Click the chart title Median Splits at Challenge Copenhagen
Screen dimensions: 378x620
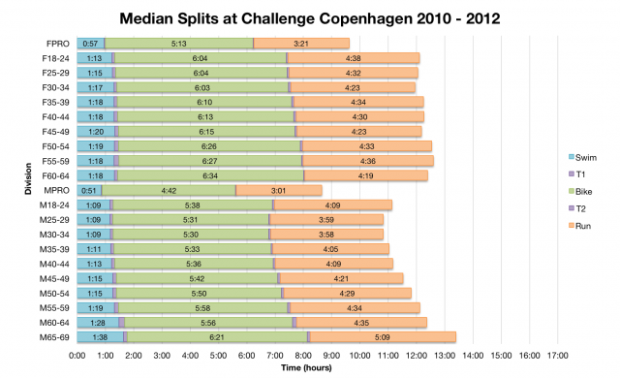310,17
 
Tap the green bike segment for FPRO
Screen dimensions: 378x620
178,44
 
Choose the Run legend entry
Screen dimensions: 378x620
579,226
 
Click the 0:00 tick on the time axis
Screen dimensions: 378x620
77,355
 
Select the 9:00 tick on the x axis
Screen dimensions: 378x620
331,355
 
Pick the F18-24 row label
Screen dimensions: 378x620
57,58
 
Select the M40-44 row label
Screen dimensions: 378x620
57,263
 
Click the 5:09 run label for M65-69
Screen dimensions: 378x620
382,336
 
